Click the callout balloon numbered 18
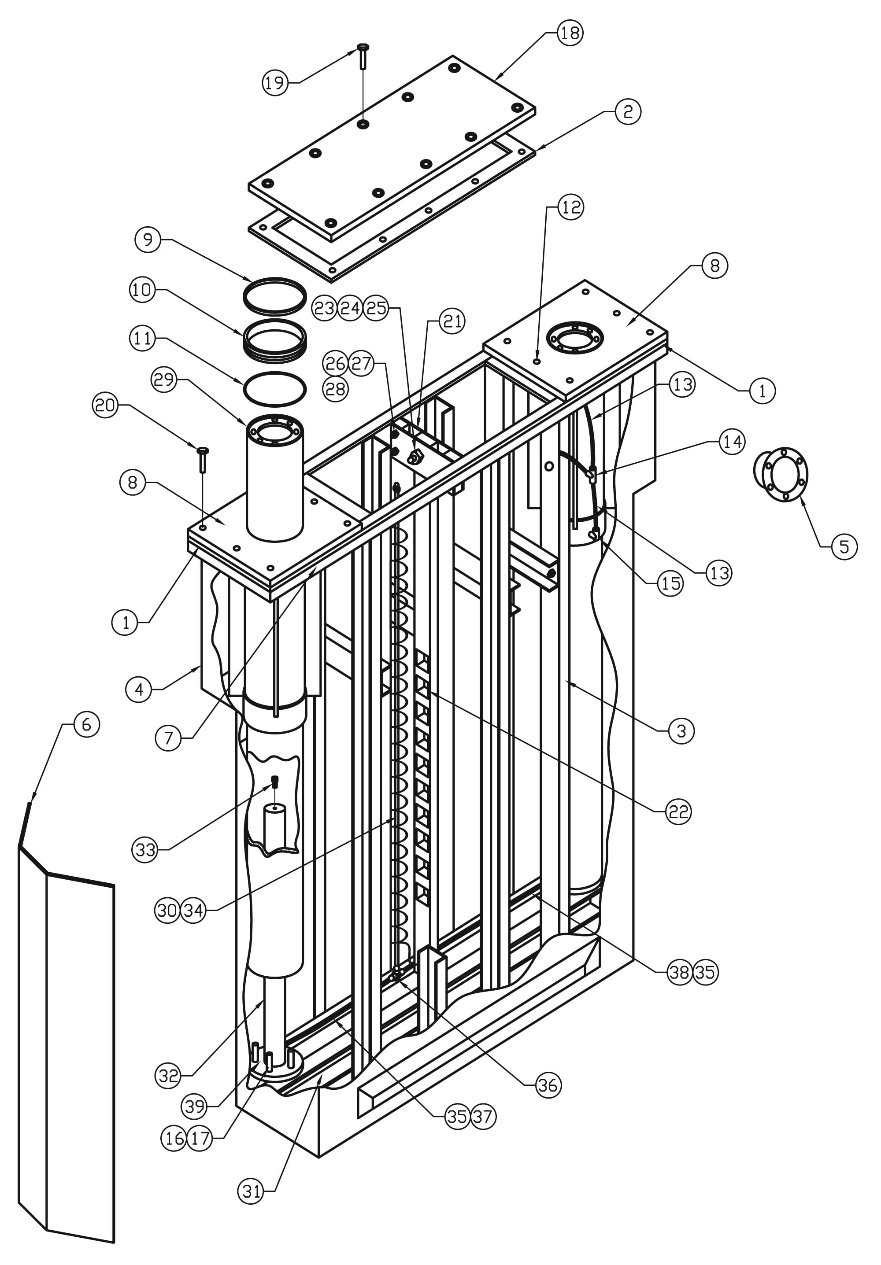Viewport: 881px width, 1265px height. pos(570,33)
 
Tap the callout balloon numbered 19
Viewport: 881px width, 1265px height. pos(274,83)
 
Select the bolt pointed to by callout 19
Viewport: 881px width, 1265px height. pos(363,56)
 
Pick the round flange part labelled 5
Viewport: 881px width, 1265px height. pos(781,474)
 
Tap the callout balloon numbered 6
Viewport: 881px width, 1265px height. pos(86,724)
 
